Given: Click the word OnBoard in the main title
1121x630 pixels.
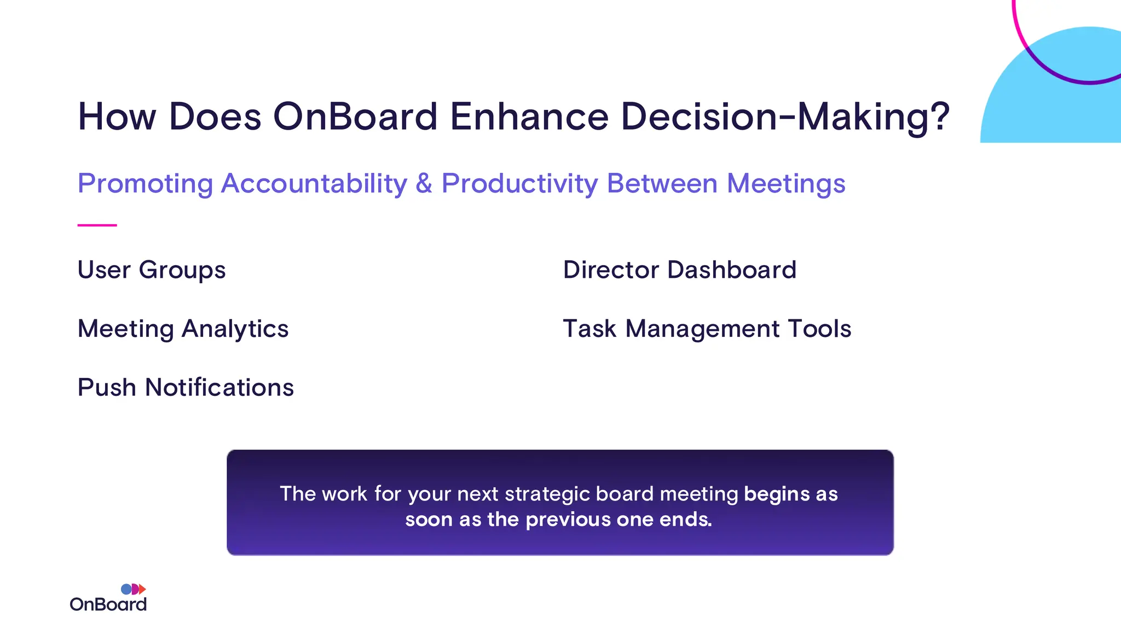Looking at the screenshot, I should pyautogui.click(x=355, y=116).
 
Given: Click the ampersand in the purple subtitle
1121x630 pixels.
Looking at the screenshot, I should pyautogui.click(x=424, y=183).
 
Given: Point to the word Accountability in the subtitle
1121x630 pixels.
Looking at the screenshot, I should pyautogui.click(x=314, y=183).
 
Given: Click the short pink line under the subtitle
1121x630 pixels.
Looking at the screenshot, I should pyautogui.click(x=97, y=225).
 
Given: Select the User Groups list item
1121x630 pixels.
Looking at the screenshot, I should pyautogui.click(x=152, y=270).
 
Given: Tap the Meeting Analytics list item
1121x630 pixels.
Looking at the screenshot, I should pyautogui.click(x=183, y=329).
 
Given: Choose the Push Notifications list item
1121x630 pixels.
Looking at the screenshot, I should pyautogui.click(x=186, y=387).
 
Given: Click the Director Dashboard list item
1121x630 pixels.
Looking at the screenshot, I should pyautogui.click(x=679, y=270).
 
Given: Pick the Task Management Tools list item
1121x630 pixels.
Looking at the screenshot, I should pyautogui.click(x=707, y=329).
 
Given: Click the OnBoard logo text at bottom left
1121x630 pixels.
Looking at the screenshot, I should pyautogui.click(x=108, y=604).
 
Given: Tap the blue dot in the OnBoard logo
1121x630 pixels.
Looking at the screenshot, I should pyautogui.click(x=126, y=589).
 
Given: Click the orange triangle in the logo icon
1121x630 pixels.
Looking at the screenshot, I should pyautogui.click(x=142, y=589).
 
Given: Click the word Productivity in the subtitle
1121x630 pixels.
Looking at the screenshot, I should pyautogui.click(x=519, y=183).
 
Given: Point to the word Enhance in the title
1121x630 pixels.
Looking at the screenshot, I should pyautogui.click(x=529, y=116).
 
